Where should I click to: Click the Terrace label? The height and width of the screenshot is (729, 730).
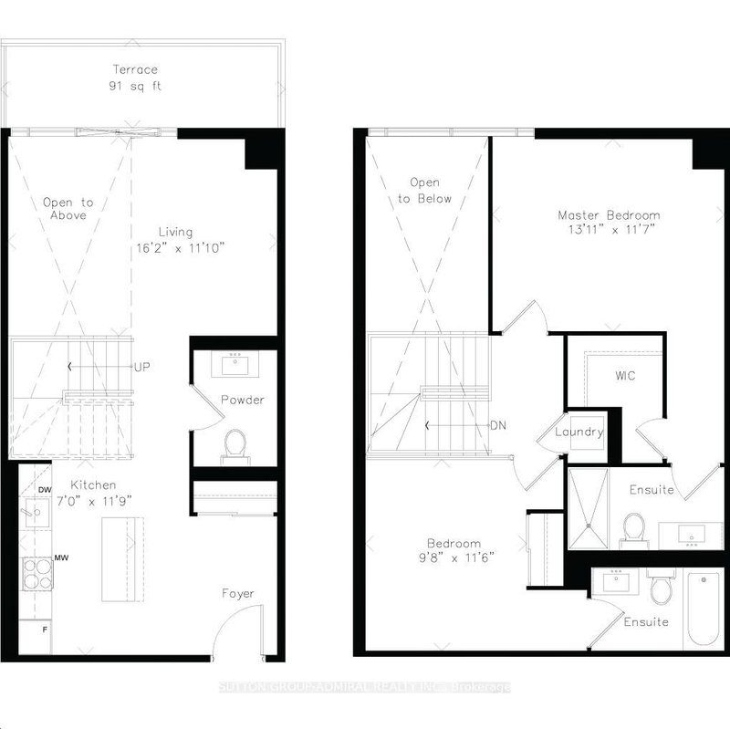click(135, 69)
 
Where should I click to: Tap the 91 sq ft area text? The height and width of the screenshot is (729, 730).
click(135, 89)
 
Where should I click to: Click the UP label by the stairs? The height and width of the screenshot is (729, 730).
click(141, 368)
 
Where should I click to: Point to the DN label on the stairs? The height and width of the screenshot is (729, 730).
click(498, 425)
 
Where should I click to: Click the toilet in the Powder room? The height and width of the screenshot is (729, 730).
click(235, 444)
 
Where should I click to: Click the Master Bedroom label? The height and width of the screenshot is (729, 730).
click(609, 215)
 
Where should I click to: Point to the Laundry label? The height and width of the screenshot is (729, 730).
click(579, 432)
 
